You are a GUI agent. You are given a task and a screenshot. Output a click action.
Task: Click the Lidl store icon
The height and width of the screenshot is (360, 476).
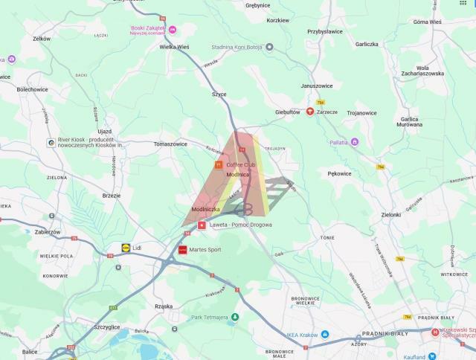[x=126, y=247]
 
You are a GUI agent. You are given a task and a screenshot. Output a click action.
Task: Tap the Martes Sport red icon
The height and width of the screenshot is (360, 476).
[x=182, y=251]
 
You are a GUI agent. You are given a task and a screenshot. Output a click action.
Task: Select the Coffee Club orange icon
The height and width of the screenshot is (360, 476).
[x=218, y=164]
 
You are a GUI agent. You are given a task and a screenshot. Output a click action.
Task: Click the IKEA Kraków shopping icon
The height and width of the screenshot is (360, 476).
[x=327, y=335]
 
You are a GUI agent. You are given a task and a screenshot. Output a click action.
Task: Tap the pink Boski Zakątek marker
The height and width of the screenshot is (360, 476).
[x=173, y=29]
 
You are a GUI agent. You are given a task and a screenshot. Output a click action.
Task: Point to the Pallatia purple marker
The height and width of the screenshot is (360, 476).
[x=355, y=141]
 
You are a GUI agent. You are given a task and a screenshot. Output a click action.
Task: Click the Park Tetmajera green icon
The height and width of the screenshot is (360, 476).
[x=235, y=318]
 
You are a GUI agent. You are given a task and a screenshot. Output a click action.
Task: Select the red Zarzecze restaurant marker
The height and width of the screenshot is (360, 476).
[x=310, y=112]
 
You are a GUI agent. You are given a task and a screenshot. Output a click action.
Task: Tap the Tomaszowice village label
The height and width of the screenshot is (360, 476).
[x=170, y=144]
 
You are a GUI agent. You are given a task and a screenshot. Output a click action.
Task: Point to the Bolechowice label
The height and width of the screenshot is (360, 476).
[x=33, y=89]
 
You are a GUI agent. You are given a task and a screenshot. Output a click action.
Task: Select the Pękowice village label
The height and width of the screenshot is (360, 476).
[x=339, y=173]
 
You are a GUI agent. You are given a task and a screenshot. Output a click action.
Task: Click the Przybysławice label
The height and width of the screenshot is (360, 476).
[x=325, y=32]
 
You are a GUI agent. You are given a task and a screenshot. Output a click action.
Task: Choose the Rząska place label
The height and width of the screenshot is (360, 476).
[x=164, y=306]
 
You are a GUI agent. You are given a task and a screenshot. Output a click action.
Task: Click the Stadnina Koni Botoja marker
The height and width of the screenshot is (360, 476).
[x=270, y=47]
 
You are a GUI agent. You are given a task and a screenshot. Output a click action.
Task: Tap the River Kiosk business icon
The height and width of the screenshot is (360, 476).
[x=51, y=142]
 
